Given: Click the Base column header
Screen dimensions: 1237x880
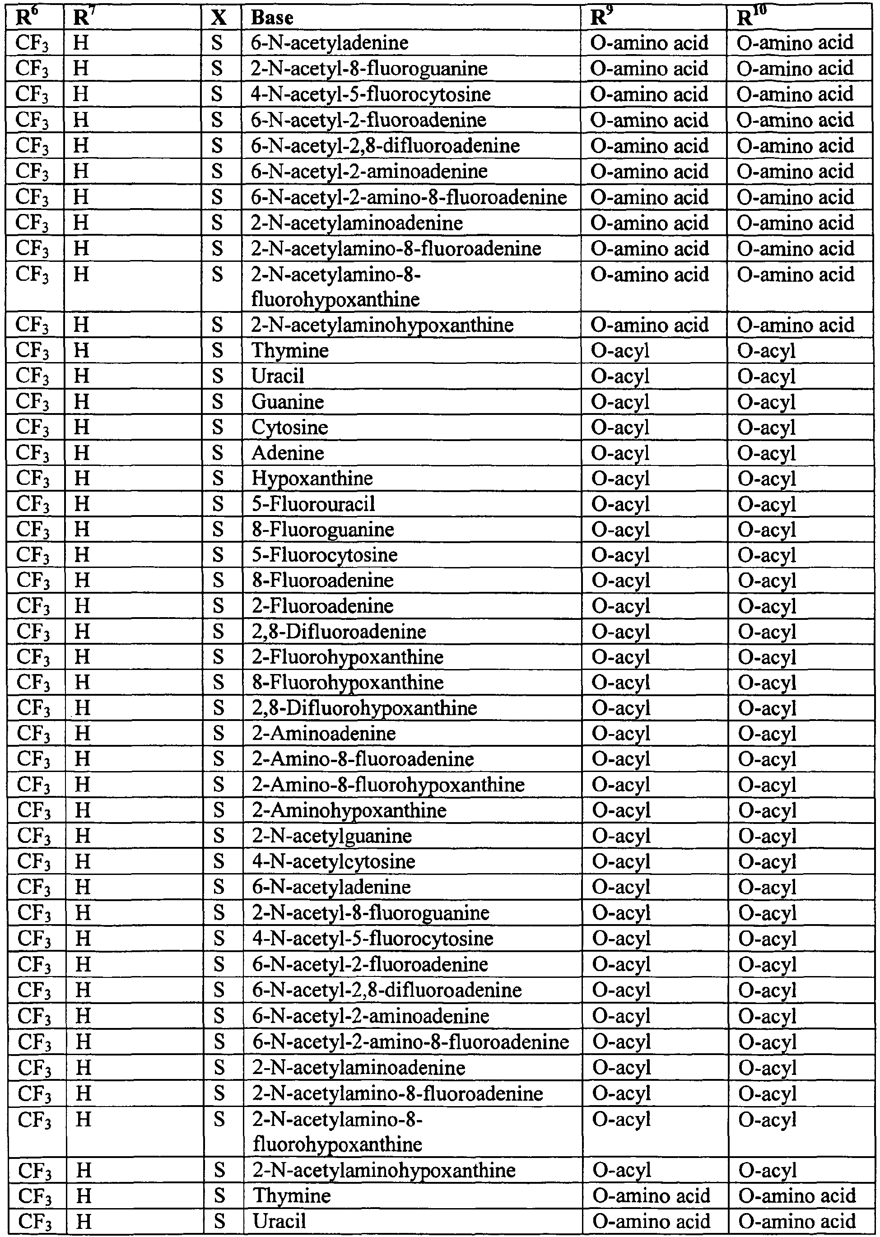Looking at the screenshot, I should coord(273,18).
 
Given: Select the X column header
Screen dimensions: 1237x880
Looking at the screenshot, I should coord(219,18).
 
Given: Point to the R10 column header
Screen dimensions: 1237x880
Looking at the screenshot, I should coord(752,18).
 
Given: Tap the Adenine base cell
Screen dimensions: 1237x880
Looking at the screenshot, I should coord(288,453).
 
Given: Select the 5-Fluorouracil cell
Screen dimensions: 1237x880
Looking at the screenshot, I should coord(314,504).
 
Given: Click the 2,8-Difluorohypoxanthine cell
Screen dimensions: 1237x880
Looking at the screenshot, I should coord(365,708).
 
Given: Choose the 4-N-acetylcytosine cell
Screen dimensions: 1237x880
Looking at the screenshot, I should coord(334,861).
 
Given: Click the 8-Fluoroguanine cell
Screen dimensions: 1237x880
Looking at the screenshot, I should coord(323,530).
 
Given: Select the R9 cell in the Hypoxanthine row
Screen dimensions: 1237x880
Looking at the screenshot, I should coord(620,479).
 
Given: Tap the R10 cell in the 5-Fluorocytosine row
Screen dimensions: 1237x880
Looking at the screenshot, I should coord(767,555).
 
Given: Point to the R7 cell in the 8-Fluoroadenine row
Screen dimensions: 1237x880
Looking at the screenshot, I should coord(82,580).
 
